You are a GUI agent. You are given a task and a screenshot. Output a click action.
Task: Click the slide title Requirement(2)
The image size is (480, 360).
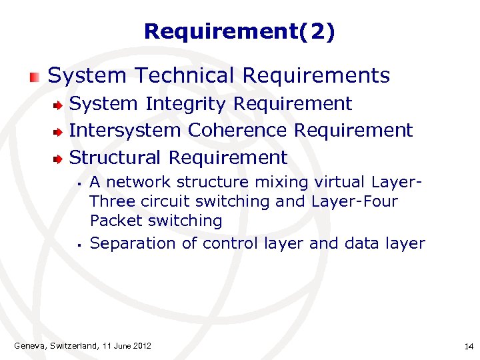point(239,31)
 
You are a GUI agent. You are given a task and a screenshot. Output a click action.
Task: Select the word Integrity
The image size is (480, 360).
point(187,104)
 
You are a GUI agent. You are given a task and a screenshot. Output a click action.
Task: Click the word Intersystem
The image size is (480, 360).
point(125,131)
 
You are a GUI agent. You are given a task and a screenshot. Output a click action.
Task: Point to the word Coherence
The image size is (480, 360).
point(237,131)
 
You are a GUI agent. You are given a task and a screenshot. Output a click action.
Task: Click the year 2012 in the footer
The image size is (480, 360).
point(141,345)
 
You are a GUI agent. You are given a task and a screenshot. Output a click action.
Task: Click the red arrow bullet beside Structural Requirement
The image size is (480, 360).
point(59,159)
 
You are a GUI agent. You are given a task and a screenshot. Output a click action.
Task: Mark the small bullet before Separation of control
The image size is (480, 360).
point(79,245)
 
